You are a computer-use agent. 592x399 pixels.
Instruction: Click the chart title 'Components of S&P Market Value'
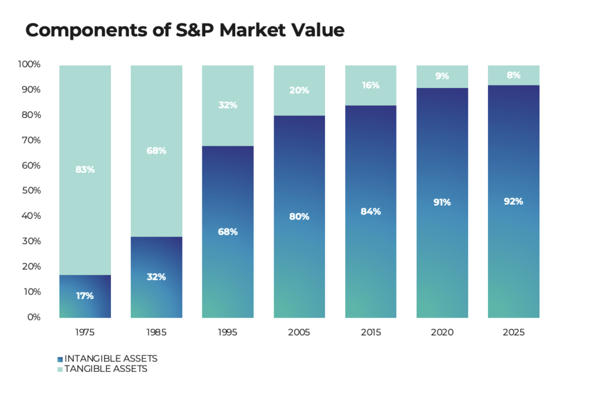pos(184,30)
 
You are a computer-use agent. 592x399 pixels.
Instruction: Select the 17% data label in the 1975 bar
pos(85,295)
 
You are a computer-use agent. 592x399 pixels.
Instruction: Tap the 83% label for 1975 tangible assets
pos(85,169)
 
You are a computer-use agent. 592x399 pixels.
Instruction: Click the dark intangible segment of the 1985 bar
pos(156,277)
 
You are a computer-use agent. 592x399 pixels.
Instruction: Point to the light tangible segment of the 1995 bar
pos(228,106)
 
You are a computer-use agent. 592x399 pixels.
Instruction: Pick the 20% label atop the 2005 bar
pos(299,90)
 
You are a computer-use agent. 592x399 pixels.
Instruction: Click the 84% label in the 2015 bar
pos(371,212)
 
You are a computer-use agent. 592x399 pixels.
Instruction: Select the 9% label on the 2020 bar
pos(442,76)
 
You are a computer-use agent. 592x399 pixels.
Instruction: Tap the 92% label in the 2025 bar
pos(513,201)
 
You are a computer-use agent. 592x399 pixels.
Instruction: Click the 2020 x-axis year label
pos(442,332)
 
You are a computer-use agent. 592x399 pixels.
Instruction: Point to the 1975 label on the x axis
pos(85,332)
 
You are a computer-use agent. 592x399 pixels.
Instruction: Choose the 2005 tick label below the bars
pos(299,332)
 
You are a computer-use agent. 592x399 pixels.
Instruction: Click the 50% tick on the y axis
pos(31,190)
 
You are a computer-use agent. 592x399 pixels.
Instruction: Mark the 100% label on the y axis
pos(29,64)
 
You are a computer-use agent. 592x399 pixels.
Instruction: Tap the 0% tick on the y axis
pos(34,317)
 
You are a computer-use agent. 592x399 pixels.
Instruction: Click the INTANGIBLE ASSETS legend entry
pos(108,359)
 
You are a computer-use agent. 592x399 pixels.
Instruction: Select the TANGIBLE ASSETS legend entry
pos(102,369)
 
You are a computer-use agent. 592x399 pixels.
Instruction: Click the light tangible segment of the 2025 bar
pos(513,75)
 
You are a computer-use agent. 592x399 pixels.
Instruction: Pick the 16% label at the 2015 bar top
pos(371,86)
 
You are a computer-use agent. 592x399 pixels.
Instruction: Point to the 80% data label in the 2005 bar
pos(299,216)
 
